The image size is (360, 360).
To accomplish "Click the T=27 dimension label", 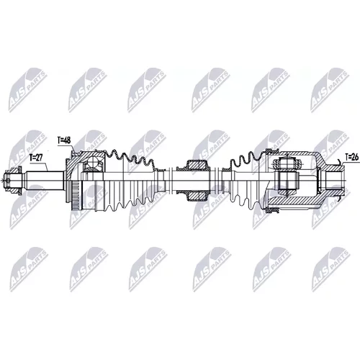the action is tap(37, 158).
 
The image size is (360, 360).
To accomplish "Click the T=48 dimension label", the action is tap(65, 140).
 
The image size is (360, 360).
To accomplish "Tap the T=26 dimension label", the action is tap(352, 157).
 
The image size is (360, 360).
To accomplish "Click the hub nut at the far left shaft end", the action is tap(12, 181).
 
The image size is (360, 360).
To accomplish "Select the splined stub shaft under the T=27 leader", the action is tap(45, 181).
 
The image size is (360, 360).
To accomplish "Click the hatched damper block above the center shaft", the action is tap(197, 166).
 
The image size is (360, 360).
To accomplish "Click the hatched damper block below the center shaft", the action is tap(197, 195).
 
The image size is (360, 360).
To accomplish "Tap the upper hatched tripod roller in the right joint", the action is tap(288, 164).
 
